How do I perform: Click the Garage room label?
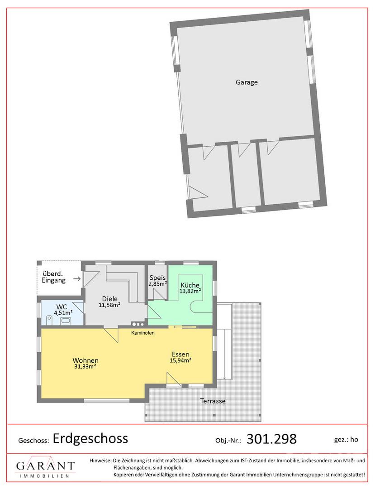[247, 82]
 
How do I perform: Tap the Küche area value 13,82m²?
[190, 291]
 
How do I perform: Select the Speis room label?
[157, 278]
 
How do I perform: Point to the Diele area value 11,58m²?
[109, 305]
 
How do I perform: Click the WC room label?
[62, 307]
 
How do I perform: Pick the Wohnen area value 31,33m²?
[85, 367]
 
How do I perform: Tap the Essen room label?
[180, 355]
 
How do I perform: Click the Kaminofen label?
[142, 333]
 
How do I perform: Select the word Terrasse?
[213, 401]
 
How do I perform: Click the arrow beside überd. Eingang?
[76, 278]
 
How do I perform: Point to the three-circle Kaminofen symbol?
[138, 324]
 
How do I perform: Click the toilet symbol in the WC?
[49, 320]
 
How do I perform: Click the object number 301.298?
[271, 439]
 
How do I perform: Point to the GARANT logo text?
[46, 466]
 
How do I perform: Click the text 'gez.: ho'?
[346, 440]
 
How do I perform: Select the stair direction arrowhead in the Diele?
[138, 301]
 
